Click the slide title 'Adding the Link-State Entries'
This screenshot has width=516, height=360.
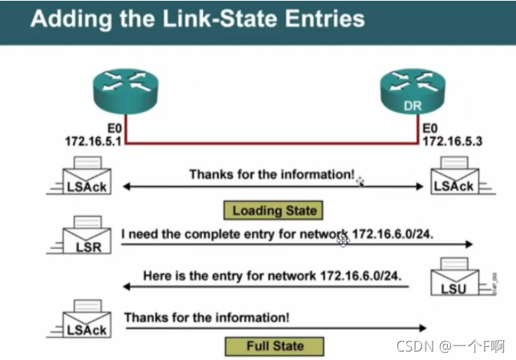tap(198, 18)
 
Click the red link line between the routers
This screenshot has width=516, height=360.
tap(273, 142)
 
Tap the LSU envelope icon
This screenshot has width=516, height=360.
tap(455, 279)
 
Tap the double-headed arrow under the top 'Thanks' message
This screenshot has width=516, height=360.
tap(273, 187)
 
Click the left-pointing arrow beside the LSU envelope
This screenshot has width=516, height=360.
tap(268, 287)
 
